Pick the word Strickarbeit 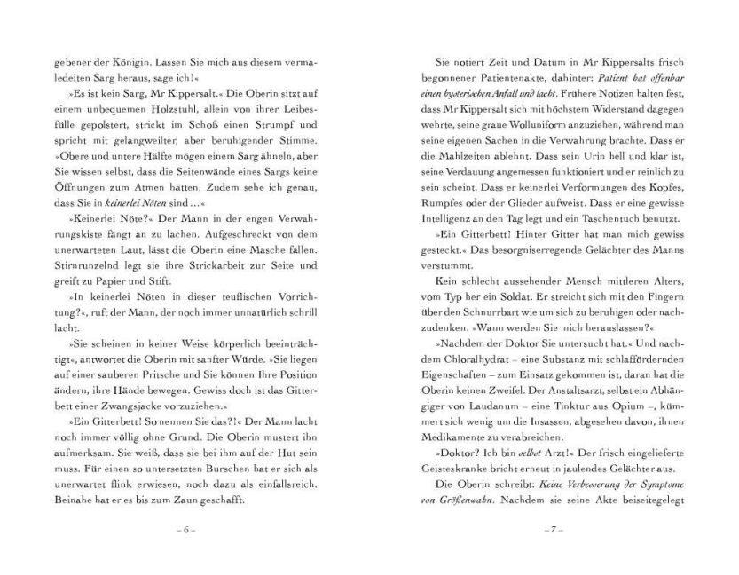pos(177,263)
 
